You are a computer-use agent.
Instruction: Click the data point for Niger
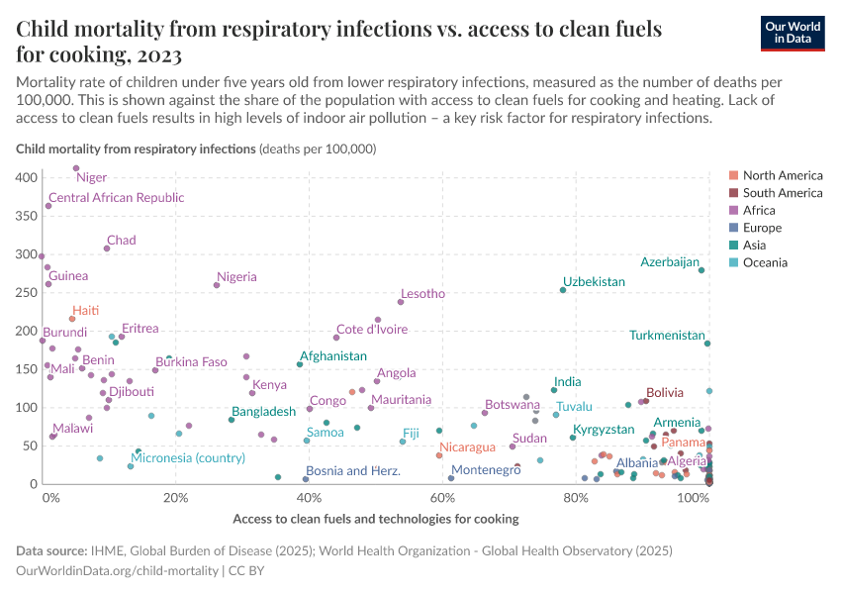76,168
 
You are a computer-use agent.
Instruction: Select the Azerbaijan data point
701,270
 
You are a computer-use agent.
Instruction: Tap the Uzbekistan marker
563,290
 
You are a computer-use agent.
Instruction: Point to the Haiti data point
72,319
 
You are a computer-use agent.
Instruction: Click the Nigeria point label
236,277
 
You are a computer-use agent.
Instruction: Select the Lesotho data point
401,302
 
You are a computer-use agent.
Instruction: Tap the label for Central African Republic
116,198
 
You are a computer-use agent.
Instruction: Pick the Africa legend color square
733,211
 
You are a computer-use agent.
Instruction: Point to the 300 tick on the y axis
28,254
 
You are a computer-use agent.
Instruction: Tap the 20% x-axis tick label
176,497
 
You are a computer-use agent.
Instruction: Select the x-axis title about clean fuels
375,519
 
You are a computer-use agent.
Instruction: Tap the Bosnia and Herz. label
352,471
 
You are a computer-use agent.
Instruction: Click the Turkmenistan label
667,336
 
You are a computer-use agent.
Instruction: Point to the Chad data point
107,248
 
